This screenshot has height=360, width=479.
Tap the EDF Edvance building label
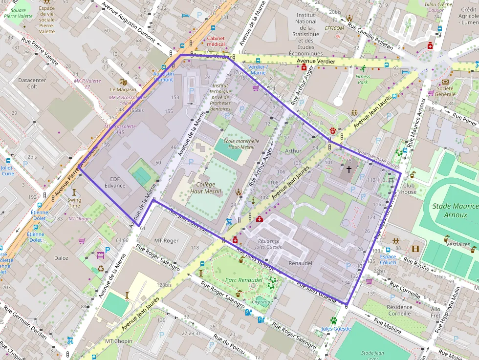115,182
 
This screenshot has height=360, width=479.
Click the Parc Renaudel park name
244,280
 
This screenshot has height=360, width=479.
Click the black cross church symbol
348,169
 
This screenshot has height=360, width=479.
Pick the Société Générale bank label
445,91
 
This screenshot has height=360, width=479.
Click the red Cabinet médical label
216,41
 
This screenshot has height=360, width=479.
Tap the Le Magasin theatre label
123,89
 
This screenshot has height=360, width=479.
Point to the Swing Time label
74,203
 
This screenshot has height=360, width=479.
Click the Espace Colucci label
388,259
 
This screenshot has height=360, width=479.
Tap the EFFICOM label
335,28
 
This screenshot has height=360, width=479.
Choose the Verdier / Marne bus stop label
257,69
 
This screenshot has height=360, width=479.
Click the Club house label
410,189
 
